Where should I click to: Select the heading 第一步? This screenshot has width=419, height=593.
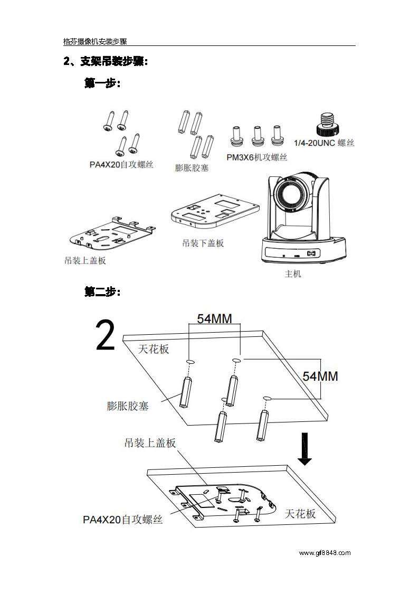102,83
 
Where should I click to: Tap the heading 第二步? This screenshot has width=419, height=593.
102,291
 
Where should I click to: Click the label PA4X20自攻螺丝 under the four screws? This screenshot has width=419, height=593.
121,165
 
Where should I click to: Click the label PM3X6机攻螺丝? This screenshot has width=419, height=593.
256,157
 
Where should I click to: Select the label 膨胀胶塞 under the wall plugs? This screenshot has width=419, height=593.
192,168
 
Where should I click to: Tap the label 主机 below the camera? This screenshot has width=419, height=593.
293,274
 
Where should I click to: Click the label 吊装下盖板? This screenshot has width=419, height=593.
203,243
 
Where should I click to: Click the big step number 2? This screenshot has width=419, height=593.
106,336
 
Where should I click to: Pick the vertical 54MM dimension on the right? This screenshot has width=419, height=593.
320,376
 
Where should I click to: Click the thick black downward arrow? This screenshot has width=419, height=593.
304,448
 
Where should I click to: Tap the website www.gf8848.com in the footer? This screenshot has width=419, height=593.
324,553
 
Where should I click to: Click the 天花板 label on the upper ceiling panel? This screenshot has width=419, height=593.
154,349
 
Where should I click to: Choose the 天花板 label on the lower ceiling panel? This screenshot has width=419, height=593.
300,513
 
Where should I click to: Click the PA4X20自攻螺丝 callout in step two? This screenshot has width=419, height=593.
122,520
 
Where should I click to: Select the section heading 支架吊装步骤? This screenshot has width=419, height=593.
113,62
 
